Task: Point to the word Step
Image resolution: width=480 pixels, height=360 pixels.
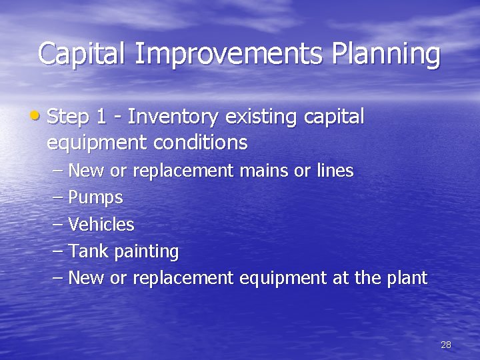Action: pyautogui.click(x=69, y=117)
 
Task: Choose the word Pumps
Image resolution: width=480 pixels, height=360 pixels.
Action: pyautogui.click(x=96, y=198)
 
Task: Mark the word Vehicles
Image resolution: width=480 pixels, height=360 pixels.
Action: pyautogui.click(x=101, y=225)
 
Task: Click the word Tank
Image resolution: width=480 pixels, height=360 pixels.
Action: pyautogui.click(x=89, y=251)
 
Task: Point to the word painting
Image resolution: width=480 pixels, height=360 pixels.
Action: pyautogui.click(x=147, y=252)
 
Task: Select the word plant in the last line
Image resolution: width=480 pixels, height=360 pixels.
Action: pyautogui.click(x=407, y=278)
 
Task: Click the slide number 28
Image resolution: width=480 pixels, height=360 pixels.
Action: pyautogui.click(x=446, y=345)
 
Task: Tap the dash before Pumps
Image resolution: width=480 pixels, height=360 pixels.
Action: pyautogui.click(x=57, y=198)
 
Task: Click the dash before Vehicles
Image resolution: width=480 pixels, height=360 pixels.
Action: pyautogui.click(x=57, y=225)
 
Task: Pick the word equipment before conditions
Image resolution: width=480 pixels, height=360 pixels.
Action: pyautogui.click(x=97, y=143)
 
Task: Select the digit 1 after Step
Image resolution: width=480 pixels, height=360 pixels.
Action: pyautogui.click(x=101, y=117)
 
